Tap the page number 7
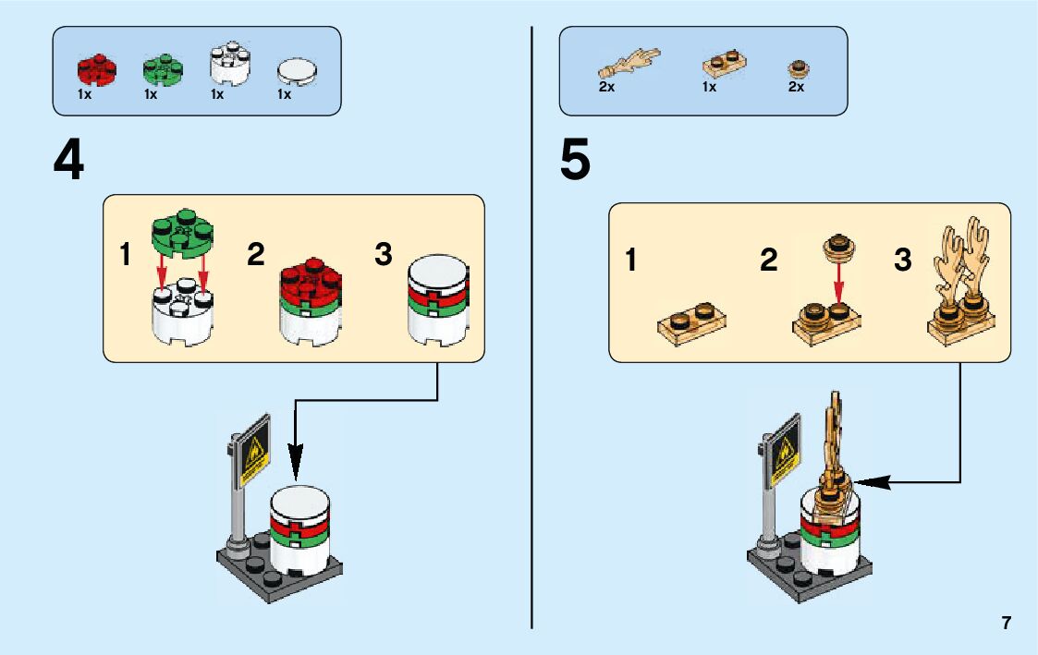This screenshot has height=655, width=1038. point(1006,623)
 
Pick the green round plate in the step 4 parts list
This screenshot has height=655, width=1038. point(162,70)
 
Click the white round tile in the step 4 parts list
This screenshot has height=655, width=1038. point(296,72)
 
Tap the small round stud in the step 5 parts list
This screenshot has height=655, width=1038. point(797,69)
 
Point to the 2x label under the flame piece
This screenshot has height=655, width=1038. point(606,88)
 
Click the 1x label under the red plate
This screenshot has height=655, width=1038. point(84,94)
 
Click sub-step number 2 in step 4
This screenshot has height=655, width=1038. point(256,256)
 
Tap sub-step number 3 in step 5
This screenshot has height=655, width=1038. point(902,261)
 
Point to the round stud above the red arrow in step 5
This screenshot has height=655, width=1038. point(837,245)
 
